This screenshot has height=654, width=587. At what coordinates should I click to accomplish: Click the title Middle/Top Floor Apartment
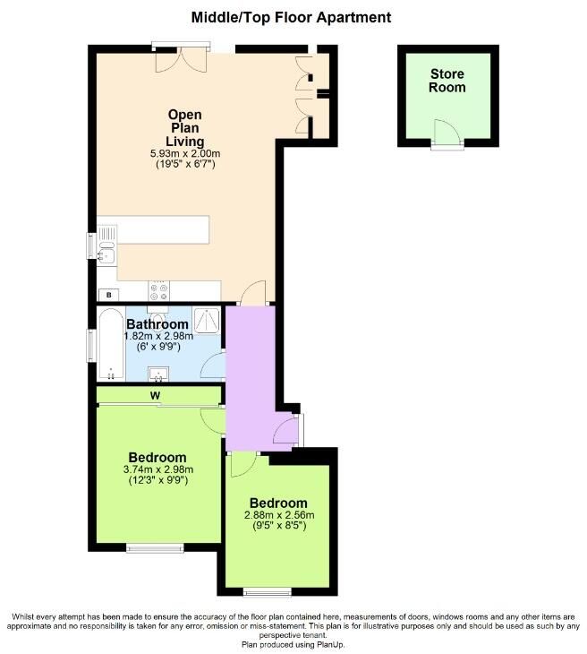291,18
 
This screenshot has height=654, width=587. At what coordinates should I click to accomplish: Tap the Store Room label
447,81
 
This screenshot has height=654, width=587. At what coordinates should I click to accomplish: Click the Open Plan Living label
185,127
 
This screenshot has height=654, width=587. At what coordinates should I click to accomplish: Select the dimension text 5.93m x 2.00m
185,153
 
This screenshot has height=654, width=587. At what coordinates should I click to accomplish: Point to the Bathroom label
157,324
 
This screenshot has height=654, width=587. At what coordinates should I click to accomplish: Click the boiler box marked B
109,295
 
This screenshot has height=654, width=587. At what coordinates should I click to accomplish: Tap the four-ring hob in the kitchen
158,290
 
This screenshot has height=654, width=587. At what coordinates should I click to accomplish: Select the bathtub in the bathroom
111,344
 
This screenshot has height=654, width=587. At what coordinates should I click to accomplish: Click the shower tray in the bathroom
207,321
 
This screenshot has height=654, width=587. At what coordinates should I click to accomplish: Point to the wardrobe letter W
155,396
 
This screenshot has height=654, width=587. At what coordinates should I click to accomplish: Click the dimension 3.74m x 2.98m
158,469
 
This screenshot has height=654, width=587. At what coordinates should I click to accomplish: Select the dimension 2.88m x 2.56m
279,515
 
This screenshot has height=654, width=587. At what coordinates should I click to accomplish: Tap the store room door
447,133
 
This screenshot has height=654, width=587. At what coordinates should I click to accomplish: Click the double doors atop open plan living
181,58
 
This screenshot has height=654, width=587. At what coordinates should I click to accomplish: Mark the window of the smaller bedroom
267,591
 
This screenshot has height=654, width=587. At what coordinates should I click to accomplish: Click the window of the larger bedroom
155,547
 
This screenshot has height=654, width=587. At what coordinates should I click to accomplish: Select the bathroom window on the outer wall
90,345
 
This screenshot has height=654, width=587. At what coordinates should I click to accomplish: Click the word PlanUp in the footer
330,644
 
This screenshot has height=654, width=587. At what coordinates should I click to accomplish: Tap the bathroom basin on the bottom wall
158,374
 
